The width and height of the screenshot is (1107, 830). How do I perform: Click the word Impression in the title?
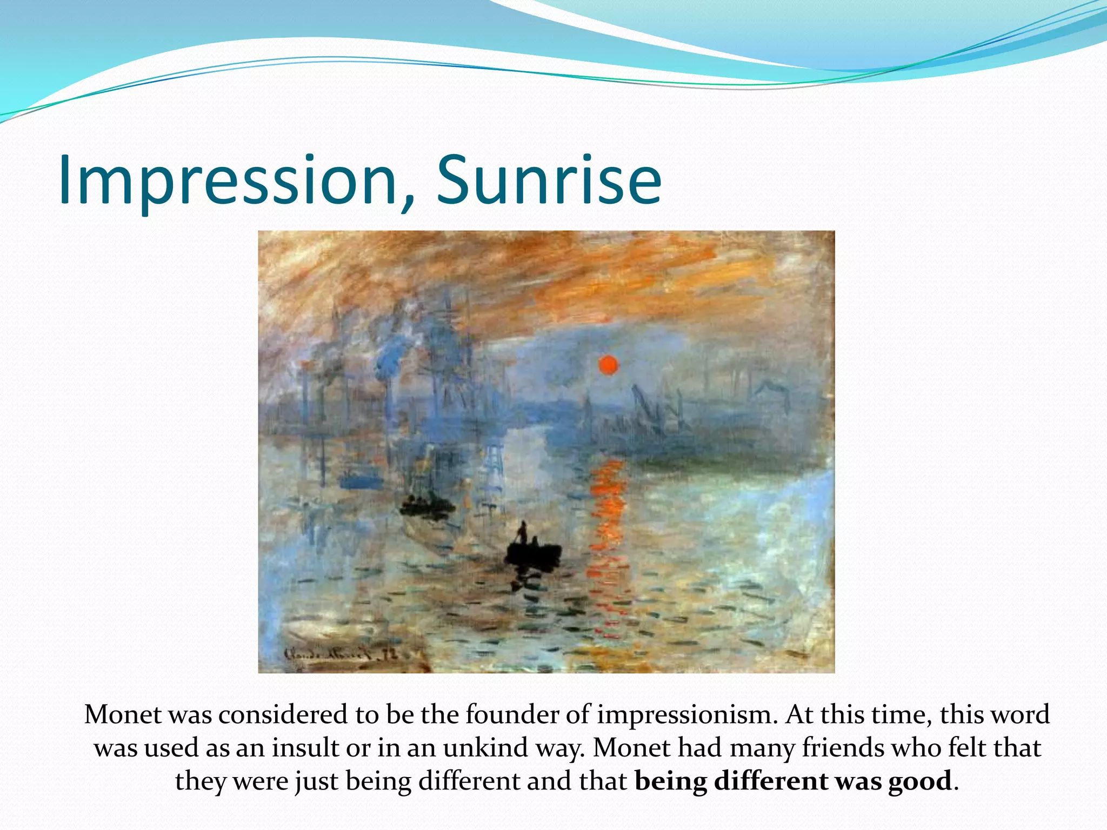(x=227, y=181)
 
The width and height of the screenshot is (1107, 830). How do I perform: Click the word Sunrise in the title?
(x=548, y=181)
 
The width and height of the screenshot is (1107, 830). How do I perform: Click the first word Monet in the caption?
(x=123, y=715)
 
